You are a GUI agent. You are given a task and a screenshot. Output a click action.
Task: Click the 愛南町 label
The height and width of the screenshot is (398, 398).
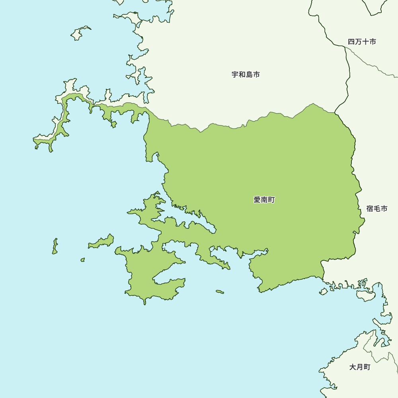pos(264,200)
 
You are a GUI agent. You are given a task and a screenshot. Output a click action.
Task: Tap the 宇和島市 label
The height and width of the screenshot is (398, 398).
pos(246,74)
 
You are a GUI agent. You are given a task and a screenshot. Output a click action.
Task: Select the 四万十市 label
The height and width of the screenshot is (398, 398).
pos(361,41)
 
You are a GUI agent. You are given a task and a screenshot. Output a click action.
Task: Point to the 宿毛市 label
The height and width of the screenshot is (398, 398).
pos(377,209)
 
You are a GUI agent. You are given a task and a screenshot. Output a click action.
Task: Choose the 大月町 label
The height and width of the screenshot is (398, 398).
pos(359,367)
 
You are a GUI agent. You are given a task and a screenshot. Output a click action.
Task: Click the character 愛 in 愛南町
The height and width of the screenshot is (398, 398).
pos(257,200)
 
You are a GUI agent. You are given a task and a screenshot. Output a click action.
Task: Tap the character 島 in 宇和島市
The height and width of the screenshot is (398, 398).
pos(249,74)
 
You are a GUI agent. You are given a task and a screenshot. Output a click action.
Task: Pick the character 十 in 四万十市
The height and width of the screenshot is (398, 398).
pos(365,41)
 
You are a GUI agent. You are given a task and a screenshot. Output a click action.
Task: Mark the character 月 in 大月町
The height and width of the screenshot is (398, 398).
pos(359,367)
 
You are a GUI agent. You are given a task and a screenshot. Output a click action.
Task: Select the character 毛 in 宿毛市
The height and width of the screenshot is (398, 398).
pos(377,209)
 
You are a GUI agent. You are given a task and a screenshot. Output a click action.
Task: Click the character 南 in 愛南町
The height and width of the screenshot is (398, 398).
pos(264,200)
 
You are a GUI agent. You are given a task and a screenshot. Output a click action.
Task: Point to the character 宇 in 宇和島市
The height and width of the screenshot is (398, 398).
pos(235,74)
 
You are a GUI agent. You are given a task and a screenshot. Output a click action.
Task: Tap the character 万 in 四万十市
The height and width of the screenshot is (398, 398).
pos(358,41)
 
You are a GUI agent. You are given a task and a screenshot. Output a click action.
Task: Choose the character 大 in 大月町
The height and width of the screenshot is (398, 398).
pos(353,367)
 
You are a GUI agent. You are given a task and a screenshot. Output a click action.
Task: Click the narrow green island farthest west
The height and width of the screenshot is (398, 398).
pos(55,246)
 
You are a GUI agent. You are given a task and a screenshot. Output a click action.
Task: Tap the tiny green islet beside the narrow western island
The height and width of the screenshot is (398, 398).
pos(82,259)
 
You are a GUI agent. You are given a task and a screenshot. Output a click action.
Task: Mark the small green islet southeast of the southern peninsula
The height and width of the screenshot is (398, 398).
pos(220,292)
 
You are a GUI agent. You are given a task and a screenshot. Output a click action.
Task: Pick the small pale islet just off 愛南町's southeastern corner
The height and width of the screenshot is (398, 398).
pos(324,292)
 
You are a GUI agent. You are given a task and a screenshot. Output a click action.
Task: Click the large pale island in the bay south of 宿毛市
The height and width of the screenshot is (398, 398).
pos(365,295)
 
